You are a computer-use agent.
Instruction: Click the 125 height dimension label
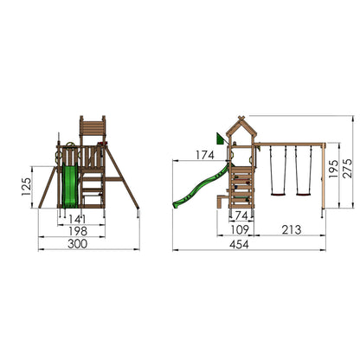coord(26,187)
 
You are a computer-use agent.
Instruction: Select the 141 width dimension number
coord(77,219)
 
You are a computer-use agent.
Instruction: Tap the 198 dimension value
coord(78,231)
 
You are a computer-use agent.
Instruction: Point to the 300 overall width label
coord(77,244)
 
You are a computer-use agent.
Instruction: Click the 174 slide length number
coord(205,155)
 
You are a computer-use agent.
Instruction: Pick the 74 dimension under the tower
coord(241,215)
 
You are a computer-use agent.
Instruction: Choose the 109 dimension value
coord(240,229)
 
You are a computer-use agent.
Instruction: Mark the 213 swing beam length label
coord(292,229)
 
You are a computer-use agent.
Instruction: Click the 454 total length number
coord(239,245)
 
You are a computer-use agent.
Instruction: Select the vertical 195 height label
coord(333,169)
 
